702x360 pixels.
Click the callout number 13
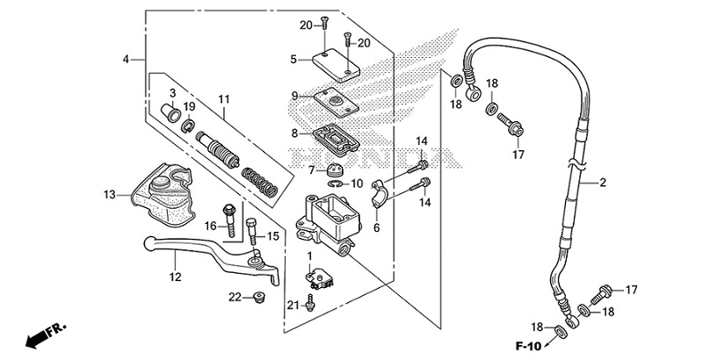109,194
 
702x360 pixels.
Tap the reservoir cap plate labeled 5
334,62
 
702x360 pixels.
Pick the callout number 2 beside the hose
604,184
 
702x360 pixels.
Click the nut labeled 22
259,297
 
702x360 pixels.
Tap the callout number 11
223,98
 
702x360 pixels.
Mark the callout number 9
295,95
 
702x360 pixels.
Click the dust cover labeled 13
163,191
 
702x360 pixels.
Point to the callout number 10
357,184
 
